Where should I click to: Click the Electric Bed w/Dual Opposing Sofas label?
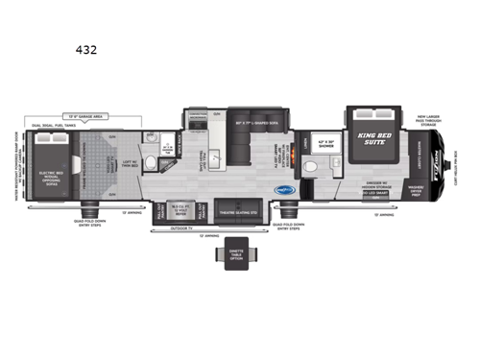point(50,177)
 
